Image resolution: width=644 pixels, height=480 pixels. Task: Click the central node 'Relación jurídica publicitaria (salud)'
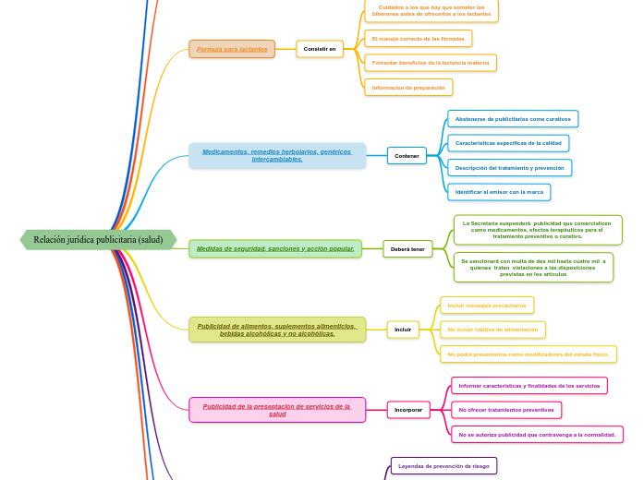pos(98,240)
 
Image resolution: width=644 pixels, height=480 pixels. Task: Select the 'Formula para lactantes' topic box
pos(232,49)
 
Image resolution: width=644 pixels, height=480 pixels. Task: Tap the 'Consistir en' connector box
pos(320,49)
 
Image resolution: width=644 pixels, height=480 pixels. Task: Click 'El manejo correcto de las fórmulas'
pos(418,39)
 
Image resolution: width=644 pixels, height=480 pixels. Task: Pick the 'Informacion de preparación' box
pos(408,88)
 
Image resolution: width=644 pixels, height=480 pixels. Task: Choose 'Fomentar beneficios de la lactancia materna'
pos(430,63)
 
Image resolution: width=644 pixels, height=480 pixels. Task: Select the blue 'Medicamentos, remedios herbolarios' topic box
pos(277,155)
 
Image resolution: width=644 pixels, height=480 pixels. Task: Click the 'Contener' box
pos(407,156)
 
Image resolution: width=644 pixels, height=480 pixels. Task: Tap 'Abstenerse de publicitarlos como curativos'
pos(513,119)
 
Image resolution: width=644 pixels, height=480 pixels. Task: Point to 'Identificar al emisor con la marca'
pos(499,192)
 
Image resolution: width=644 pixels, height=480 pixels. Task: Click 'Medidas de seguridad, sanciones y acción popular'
pos(275,248)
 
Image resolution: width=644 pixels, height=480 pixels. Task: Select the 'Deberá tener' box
pos(407,249)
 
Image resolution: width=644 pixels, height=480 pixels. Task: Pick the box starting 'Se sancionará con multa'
pos(533,268)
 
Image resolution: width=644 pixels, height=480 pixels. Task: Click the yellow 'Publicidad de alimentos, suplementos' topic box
pos(276,330)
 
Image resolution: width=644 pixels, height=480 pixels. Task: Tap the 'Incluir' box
pos(403,330)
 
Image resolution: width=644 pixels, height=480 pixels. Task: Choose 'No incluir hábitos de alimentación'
pos(492,330)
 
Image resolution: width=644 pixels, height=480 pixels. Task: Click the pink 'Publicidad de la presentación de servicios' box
pos(277,410)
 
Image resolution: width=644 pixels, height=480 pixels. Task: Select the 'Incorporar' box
pos(408,410)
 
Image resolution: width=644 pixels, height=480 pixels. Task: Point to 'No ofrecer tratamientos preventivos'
pos(506,410)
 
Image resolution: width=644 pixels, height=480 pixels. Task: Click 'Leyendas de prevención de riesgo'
pos(444,466)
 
